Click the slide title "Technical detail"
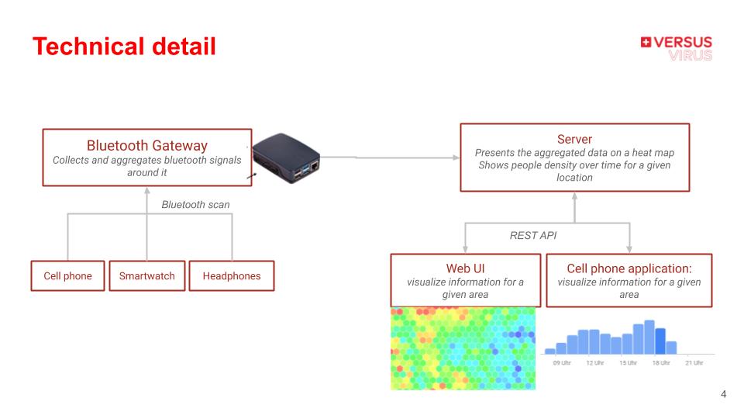pyautogui.click(x=124, y=47)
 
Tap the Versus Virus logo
pyautogui.click(x=676, y=48)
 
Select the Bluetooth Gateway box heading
pyautogui.click(x=146, y=145)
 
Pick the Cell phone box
pyautogui.click(x=67, y=275)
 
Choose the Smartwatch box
pyautogui.click(x=146, y=275)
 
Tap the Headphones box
pyautogui.click(x=232, y=275)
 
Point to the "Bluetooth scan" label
pyautogui.click(x=195, y=205)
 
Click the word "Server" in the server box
pyautogui.click(x=574, y=140)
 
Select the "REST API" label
pyautogui.click(x=532, y=235)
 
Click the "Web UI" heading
pyautogui.click(x=465, y=268)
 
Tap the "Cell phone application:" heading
pyautogui.click(x=629, y=268)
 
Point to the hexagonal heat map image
pyautogui.click(x=463, y=348)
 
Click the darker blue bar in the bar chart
pyautogui.click(x=660, y=341)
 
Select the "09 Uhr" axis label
pyautogui.click(x=562, y=363)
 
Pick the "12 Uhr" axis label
pyautogui.click(x=595, y=363)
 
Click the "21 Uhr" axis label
pyautogui.click(x=694, y=363)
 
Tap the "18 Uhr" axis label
pyautogui.click(x=661, y=363)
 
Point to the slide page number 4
pyautogui.click(x=723, y=394)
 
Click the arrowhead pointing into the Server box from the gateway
pyautogui.click(x=455, y=158)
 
